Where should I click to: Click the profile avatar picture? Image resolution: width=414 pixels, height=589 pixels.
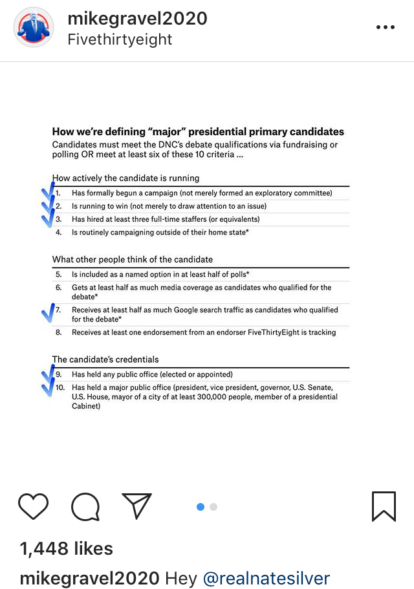(x=34, y=28)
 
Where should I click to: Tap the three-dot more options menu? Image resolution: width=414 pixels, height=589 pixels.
(x=385, y=27)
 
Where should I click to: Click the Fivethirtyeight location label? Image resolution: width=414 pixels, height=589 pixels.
(x=120, y=39)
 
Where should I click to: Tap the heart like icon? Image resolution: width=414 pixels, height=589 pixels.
(x=34, y=506)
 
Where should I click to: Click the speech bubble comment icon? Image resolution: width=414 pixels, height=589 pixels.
(x=85, y=506)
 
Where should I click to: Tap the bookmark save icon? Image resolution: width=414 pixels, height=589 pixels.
(x=384, y=506)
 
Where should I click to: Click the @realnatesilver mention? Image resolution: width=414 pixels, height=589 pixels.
(x=267, y=578)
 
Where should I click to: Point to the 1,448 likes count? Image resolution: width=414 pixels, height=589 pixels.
(x=67, y=549)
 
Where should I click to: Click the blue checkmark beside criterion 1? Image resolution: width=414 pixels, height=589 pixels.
(x=49, y=193)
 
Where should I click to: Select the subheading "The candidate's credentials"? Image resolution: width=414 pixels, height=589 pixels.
(x=105, y=359)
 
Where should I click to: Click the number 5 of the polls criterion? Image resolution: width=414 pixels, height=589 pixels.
(x=58, y=275)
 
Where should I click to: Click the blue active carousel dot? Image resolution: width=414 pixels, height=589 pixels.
(x=201, y=507)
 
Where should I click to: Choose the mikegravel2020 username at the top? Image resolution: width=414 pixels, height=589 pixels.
(x=137, y=18)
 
